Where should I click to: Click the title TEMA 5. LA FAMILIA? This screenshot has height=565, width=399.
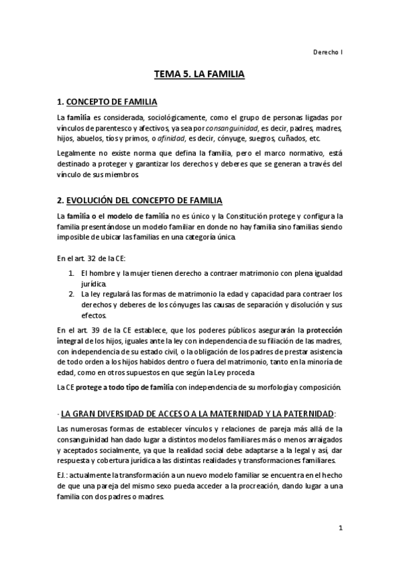click(x=199, y=76)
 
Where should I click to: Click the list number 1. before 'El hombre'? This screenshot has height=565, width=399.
click(x=71, y=274)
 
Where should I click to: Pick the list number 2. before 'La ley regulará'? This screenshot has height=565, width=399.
click(x=71, y=294)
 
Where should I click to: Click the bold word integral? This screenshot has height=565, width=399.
click(x=71, y=341)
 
